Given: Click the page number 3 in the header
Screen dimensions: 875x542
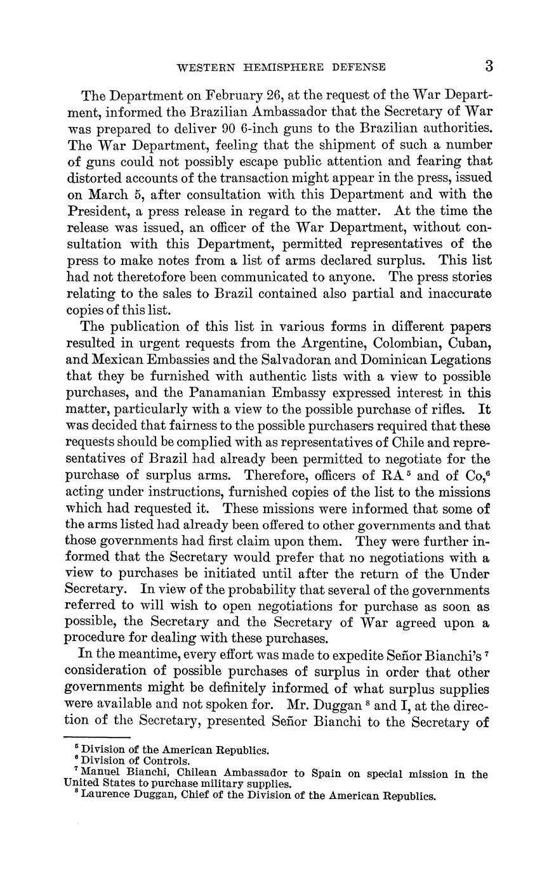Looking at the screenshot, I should [x=489, y=66].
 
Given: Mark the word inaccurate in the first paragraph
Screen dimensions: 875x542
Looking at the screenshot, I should [x=457, y=294].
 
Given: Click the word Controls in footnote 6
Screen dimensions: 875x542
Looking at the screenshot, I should [x=167, y=761].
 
